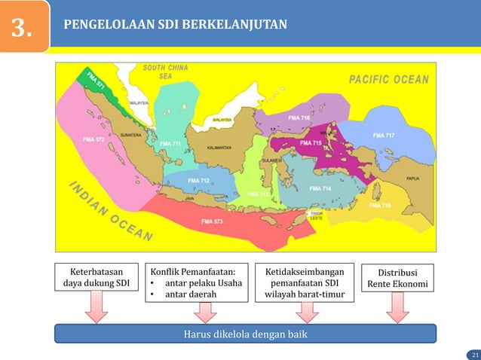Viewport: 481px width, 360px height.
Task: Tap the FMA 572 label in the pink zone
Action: click(93, 139)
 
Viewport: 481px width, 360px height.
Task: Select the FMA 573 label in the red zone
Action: click(211, 221)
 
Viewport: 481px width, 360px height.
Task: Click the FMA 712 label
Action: click(198, 181)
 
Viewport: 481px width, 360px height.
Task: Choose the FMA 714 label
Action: click(320, 188)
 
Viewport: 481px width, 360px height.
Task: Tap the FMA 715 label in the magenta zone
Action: click(311, 142)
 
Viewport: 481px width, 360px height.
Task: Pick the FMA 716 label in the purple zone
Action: click(299, 118)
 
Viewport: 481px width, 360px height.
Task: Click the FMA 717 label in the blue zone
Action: click(383, 135)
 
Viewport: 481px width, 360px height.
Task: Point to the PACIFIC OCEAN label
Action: click(388, 79)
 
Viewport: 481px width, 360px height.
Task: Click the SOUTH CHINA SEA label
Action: click(166, 72)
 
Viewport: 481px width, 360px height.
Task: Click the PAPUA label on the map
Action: click(413, 178)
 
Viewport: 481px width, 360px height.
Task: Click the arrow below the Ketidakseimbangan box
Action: click(308, 310)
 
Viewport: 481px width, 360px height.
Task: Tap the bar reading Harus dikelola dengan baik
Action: click(246, 334)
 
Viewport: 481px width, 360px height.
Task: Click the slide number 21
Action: click(474, 354)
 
